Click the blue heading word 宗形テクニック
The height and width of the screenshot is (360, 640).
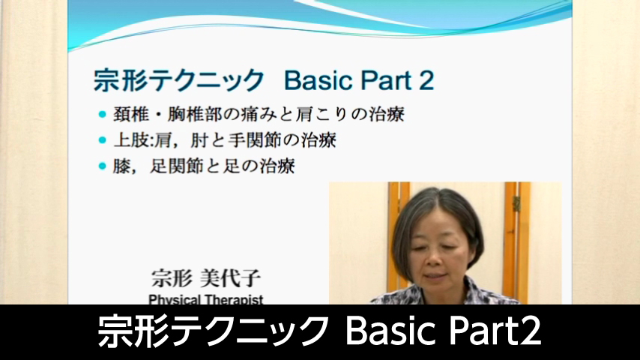179,79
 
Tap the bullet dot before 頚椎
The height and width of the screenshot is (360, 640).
102,115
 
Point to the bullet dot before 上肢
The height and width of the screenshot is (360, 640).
102,139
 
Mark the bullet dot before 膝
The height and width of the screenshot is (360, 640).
102,165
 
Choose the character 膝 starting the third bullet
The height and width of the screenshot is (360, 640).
121,165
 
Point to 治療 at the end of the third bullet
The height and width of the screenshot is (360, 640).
278,165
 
